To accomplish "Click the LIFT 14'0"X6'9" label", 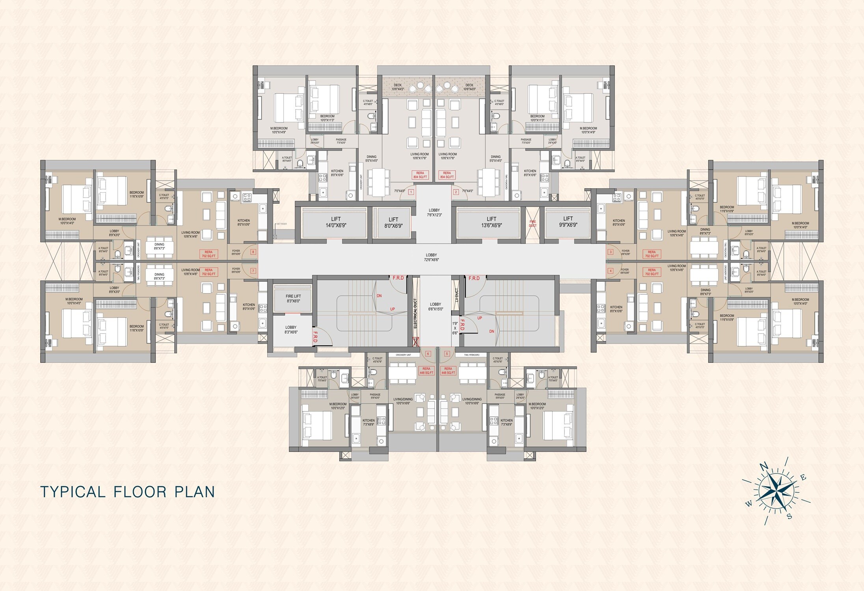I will click(336, 222).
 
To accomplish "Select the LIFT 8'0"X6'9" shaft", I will click(393, 223).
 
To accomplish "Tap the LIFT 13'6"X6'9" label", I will click(491, 222).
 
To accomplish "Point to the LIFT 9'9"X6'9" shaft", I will click(568, 222).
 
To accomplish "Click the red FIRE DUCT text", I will click(533, 223).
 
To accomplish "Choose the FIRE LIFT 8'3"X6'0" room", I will click(293, 298).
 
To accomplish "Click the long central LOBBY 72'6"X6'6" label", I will click(431, 257).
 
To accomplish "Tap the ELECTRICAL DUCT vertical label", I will click(415, 313).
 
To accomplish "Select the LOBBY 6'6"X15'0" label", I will click(436, 307).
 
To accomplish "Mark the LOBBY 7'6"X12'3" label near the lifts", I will click(434, 213).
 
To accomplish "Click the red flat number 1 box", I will click(411, 192).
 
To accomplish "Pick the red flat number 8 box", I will click(253, 252).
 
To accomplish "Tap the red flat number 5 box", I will click(447, 354).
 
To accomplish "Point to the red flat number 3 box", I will click(611, 252).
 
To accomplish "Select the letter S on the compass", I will click(789, 516).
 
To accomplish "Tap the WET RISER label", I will click(281, 224).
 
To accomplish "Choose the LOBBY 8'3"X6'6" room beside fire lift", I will click(291, 330).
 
